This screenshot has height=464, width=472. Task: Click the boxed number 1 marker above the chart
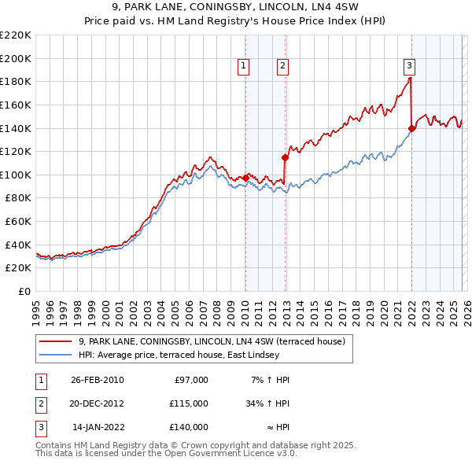(244, 67)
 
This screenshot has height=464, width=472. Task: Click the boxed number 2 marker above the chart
(282, 67)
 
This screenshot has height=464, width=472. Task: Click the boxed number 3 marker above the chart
(410, 67)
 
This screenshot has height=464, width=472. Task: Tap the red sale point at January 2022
(411, 128)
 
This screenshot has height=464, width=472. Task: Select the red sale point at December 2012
(285, 157)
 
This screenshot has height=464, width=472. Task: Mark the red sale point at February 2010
(245, 178)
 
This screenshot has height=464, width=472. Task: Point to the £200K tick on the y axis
(16, 58)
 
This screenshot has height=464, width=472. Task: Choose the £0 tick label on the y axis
(24, 291)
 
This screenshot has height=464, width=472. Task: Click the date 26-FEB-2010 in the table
(97, 380)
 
